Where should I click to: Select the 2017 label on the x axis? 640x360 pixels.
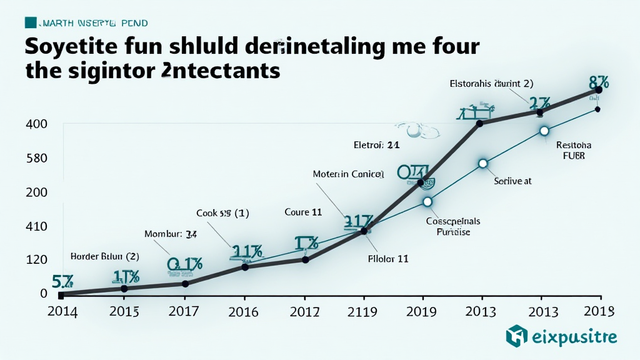click(x=184, y=312)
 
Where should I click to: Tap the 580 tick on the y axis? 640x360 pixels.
click(x=36, y=158)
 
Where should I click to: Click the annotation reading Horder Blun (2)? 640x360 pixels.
click(x=104, y=256)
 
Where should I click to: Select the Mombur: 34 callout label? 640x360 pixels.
click(x=171, y=234)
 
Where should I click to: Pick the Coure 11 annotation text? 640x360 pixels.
click(x=303, y=212)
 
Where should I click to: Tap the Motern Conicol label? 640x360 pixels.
click(x=348, y=174)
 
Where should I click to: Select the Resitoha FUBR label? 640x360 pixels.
click(x=573, y=151)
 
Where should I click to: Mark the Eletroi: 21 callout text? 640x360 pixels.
click(x=376, y=144)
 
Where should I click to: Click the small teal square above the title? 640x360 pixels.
click(x=30, y=23)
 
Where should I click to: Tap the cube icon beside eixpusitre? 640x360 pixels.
click(x=516, y=336)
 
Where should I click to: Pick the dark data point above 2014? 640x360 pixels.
click(x=61, y=294)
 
